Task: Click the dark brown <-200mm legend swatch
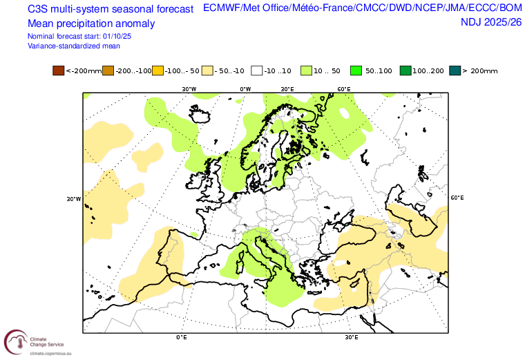click(58, 70)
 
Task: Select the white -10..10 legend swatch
click(256, 70)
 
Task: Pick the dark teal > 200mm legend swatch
click(454, 70)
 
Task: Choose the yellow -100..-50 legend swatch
click(157, 70)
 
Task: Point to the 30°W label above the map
click(189, 89)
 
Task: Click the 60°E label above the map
click(343, 89)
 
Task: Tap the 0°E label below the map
click(182, 338)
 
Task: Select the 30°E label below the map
click(352, 338)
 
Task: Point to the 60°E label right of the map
click(457, 198)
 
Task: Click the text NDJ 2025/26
click(491, 23)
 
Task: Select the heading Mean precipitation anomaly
click(91, 23)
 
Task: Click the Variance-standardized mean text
click(74, 46)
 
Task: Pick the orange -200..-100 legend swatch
click(107, 70)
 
